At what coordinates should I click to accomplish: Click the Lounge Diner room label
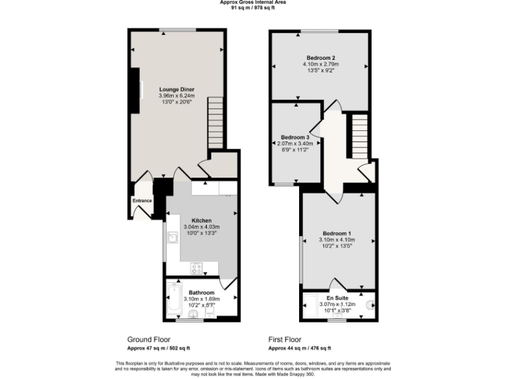tap(177, 89)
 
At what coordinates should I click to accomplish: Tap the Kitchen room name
tap(201, 220)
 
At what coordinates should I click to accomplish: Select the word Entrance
tap(142, 201)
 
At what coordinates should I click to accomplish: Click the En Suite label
tap(337, 297)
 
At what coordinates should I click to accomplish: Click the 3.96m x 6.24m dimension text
tap(177, 96)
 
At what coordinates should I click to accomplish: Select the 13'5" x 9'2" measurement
tap(321, 71)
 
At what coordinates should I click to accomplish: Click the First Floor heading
tap(285, 340)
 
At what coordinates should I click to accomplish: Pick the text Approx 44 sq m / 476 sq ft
tap(300, 348)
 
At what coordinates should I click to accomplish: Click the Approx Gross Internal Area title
tap(252, 3)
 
